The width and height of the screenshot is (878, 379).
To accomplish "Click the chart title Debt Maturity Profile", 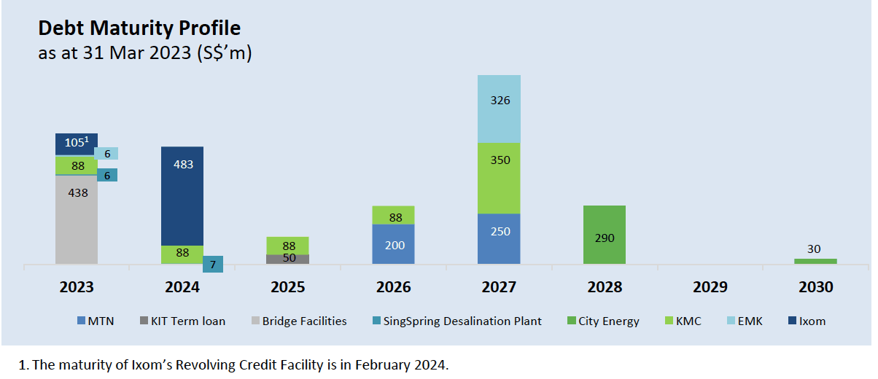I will [139, 28].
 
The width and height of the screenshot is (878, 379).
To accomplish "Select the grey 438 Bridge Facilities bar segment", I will [77, 219].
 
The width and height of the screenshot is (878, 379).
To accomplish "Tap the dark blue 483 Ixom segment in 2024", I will [182, 195].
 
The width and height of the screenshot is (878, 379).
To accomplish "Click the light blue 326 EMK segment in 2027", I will [499, 108].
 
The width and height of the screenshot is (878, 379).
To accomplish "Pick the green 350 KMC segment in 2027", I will [499, 178].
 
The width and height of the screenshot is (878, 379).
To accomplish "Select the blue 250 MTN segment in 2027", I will [499, 238].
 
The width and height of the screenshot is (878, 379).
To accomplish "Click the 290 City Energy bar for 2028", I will [605, 235].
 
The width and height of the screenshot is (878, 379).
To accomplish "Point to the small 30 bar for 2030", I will [815, 261].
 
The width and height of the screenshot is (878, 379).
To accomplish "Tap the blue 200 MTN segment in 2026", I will [393, 244].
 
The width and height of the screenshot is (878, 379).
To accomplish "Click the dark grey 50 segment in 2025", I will [287, 259].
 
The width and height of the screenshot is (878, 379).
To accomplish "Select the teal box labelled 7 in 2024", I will [213, 264].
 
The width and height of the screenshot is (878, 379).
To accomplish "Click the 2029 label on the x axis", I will [710, 287].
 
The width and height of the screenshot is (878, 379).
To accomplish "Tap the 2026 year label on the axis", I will [393, 287].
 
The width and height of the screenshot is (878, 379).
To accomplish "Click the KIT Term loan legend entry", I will [187, 321].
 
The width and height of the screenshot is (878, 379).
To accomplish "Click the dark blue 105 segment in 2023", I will [77, 144].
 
